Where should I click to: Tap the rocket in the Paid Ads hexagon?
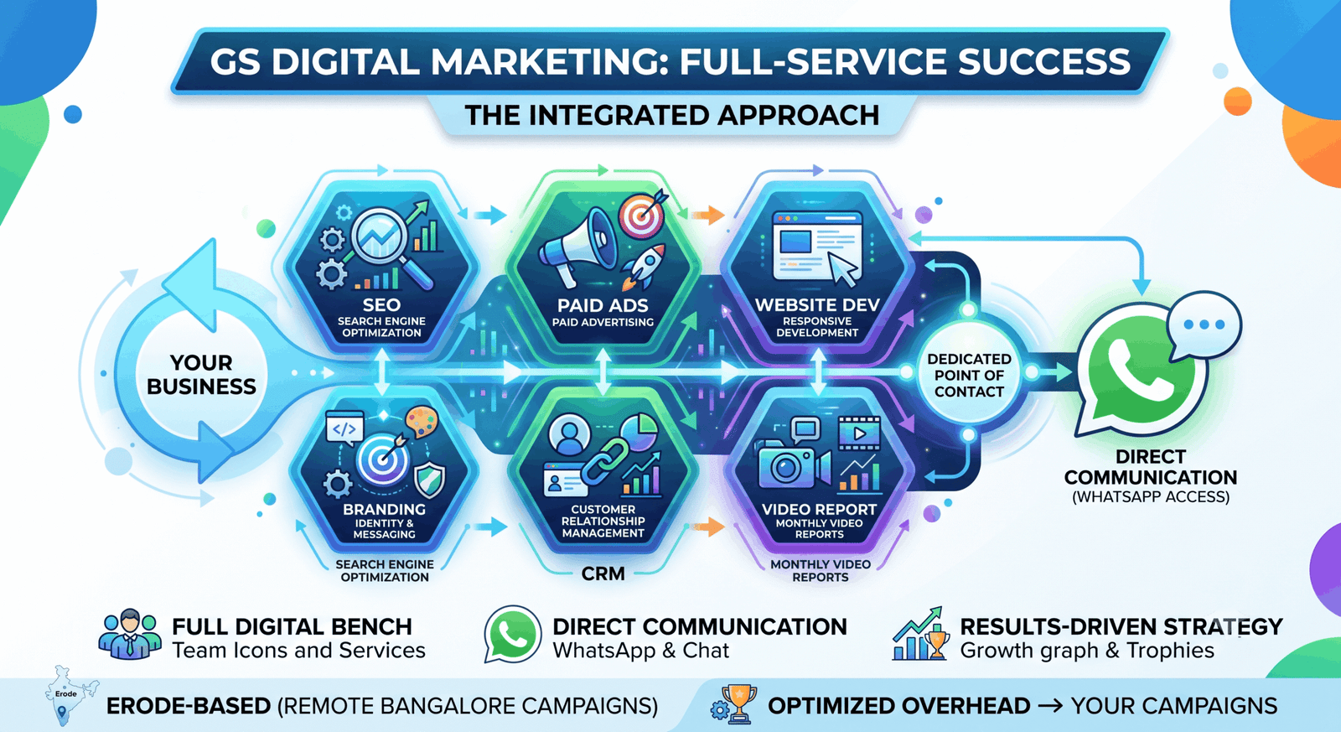(x=643, y=266)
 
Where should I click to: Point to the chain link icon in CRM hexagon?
(x=604, y=460)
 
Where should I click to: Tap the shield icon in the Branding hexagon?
(x=430, y=480)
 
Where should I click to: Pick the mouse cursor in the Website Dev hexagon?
(x=843, y=268)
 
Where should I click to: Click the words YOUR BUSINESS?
(x=201, y=375)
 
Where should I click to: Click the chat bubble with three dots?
(x=1204, y=325)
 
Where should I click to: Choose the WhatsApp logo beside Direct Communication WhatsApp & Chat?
(x=512, y=635)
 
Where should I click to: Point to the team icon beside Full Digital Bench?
(x=129, y=635)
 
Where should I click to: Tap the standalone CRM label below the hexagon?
(x=603, y=574)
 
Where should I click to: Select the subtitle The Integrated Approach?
(x=671, y=115)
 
